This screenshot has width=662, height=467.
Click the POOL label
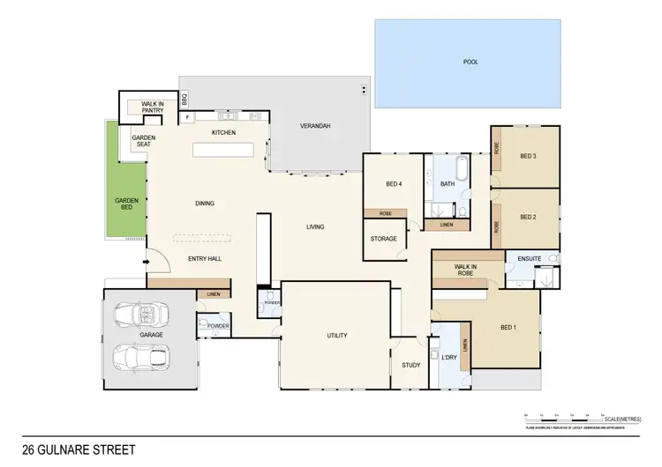[x=470, y=63]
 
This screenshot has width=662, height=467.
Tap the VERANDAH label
[x=314, y=127]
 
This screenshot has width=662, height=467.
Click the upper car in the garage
[x=142, y=315]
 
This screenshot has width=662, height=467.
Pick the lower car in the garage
[x=142, y=358]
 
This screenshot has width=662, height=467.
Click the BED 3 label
[x=528, y=156]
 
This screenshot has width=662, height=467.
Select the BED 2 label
[x=528, y=217]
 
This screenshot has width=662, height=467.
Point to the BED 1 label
[x=508, y=328]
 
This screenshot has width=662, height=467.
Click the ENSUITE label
[x=529, y=259]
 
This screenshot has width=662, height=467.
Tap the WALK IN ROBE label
[x=465, y=270]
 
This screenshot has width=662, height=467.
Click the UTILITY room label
[x=335, y=336]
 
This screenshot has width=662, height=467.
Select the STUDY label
[x=410, y=365]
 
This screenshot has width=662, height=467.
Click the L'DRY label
[x=448, y=357]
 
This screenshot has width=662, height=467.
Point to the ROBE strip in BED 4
[x=385, y=213]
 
